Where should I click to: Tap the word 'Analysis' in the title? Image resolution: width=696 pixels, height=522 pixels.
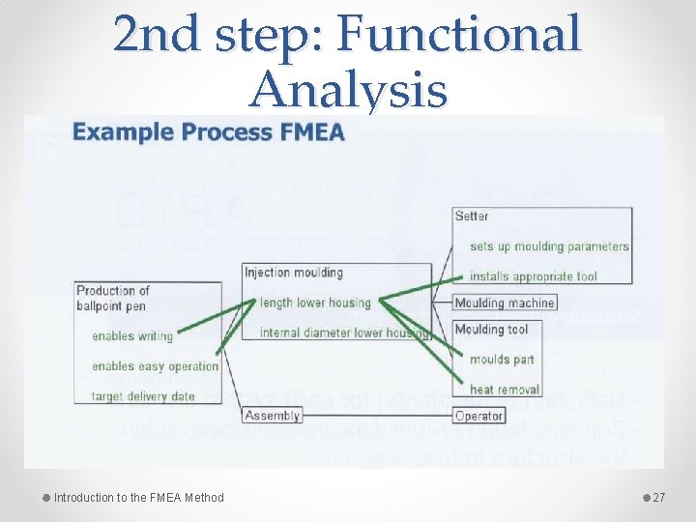(348, 91)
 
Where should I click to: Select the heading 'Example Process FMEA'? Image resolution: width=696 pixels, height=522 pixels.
(209, 132)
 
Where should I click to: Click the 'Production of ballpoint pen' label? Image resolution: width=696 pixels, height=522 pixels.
(113, 298)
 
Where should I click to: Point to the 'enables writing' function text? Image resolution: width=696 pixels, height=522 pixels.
(132, 336)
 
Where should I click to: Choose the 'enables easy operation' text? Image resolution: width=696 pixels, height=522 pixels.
(155, 366)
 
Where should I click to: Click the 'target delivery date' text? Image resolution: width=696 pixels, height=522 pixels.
(143, 396)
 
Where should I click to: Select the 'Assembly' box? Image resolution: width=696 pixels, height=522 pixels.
(273, 416)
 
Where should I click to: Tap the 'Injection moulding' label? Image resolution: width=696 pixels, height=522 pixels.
(294, 273)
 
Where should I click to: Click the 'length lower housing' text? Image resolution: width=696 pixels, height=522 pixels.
(315, 303)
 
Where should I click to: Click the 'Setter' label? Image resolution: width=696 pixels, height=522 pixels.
(472, 216)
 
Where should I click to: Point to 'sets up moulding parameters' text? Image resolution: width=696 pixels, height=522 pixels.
(549, 246)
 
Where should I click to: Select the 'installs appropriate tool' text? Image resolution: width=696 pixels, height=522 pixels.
(533, 276)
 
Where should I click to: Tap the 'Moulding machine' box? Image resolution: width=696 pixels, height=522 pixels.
(505, 303)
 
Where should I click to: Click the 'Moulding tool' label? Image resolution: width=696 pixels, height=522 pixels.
(491, 329)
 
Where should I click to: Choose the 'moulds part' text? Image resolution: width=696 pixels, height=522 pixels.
(502, 360)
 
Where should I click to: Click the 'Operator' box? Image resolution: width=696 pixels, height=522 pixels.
(478, 416)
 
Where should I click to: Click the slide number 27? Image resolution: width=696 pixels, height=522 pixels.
(659, 498)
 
